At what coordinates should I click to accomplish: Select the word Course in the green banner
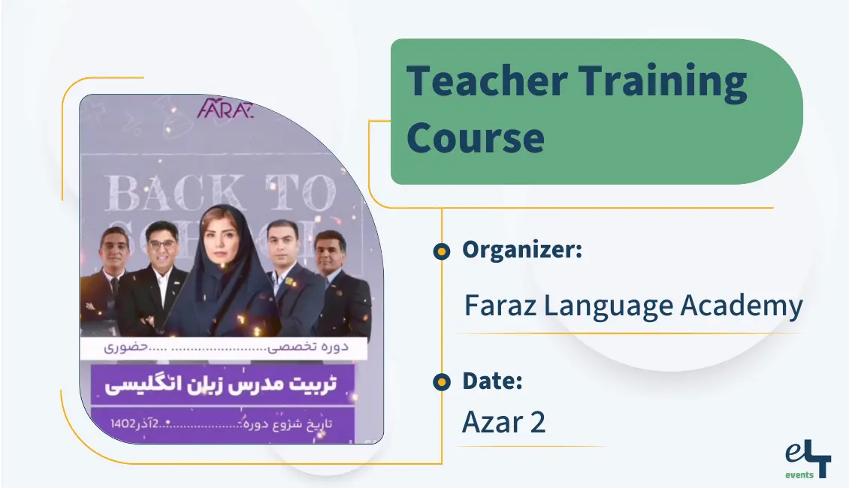tap(476, 137)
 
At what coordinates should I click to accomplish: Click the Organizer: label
tap(522, 250)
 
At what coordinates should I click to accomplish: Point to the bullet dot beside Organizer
tap(442, 252)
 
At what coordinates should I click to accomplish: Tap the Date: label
tap(492, 381)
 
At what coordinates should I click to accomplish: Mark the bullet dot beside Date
tap(442, 382)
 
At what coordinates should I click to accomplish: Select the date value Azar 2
tap(503, 423)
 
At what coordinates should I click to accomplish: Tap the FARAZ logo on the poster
tap(225, 109)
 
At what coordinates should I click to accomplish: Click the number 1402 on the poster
tap(123, 423)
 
